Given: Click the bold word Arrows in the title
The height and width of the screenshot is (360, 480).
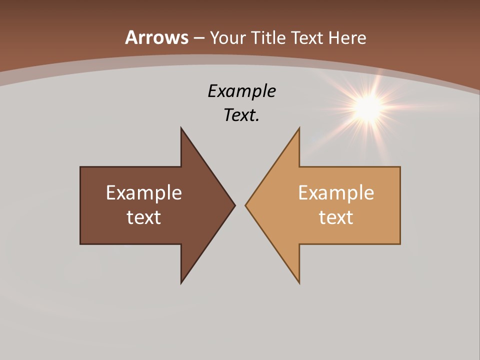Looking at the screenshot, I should (156, 37).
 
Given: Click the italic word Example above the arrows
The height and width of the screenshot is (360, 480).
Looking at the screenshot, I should (241, 91).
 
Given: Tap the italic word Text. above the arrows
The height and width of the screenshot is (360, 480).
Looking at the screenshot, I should (240, 115).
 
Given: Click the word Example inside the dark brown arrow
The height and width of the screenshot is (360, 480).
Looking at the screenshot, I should (144, 192).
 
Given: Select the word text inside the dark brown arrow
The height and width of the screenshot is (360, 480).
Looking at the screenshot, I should (144, 217).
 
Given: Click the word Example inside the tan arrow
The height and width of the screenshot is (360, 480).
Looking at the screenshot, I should (336, 192).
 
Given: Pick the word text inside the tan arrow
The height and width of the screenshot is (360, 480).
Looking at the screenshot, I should (336, 217).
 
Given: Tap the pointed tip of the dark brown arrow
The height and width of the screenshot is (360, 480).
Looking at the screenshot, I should (234, 205).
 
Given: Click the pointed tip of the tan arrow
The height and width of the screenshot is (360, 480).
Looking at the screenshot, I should (246, 205).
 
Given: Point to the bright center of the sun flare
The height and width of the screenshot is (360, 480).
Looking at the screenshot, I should (369, 105).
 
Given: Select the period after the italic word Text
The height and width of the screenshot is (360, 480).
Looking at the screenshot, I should (257, 120).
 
